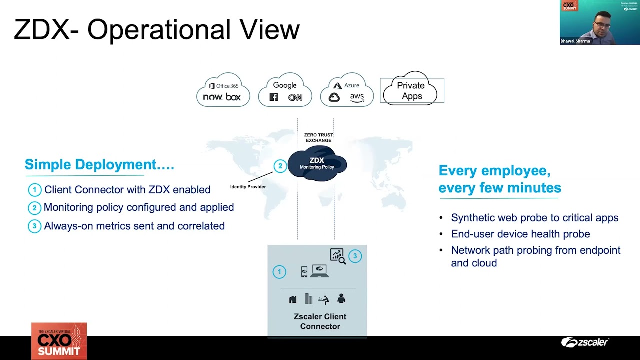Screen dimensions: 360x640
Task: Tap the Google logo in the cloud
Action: point(285,85)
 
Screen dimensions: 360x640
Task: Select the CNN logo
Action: point(295,98)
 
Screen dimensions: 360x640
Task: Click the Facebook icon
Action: point(274,97)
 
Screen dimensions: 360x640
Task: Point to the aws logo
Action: point(357,97)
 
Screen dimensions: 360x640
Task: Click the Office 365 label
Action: point(223,86)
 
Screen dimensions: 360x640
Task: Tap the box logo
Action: point(233,97)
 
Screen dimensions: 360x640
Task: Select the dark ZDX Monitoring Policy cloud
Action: point(317,164)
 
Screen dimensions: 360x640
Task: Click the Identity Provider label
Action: point(248,187)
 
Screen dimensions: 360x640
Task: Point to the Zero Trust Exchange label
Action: point(318,138)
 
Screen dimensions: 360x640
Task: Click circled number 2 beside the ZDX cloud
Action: point(280,166)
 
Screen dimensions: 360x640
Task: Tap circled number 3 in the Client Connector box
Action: point(355,256)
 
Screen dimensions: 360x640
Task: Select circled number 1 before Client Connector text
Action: point(34,190)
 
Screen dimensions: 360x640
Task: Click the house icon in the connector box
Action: point(293,299)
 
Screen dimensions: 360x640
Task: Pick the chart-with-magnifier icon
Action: point(337,256)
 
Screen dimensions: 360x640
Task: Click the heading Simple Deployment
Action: point(99,164)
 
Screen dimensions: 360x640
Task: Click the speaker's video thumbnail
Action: point(599,22)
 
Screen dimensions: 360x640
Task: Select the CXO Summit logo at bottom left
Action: point(59,341)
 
